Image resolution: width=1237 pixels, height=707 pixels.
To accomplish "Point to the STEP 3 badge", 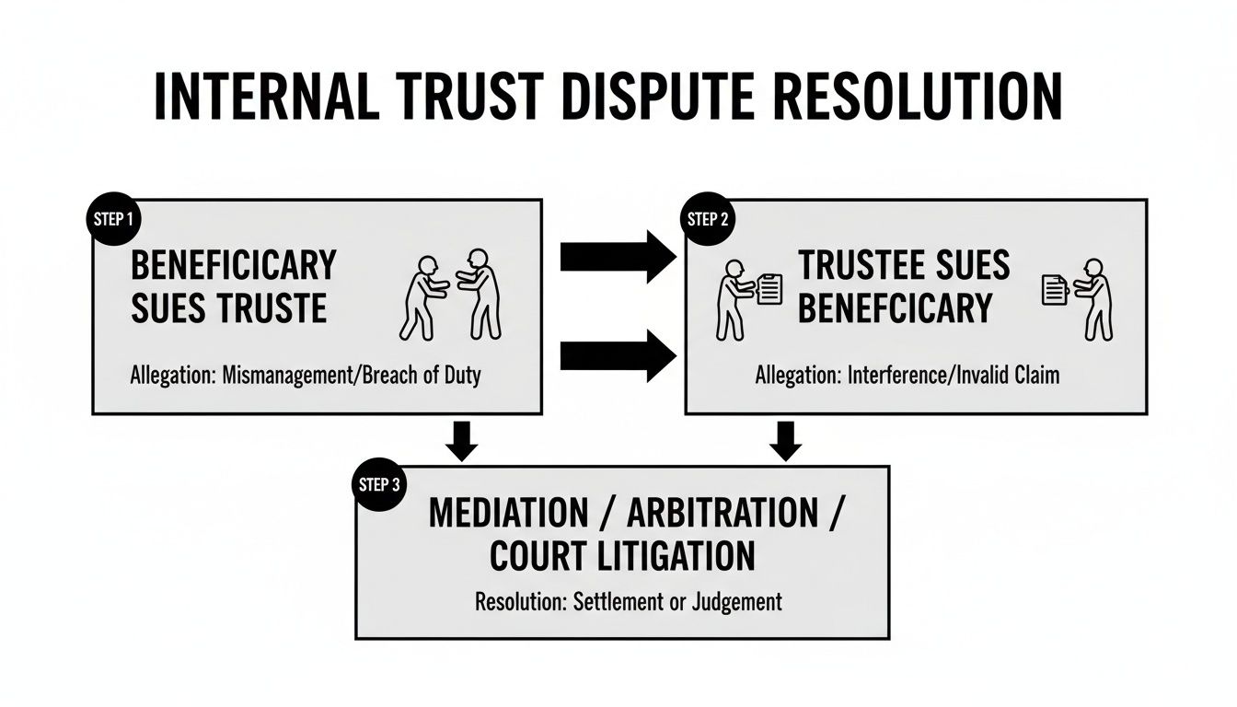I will point(377,485).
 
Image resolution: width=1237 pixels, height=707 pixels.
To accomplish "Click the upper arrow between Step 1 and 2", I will point(618,257).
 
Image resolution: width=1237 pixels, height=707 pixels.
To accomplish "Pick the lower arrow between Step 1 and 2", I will point(618,356).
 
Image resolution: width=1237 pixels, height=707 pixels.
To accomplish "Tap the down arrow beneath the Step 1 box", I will point(461,440).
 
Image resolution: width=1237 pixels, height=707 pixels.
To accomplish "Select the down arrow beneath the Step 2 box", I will point(784,440).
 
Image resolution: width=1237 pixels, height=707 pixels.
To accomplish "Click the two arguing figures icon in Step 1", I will point(451,293).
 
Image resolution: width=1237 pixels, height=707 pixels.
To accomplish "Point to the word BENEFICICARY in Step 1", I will point(233,265).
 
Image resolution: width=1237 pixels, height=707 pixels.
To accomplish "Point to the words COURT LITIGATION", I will point(622,556).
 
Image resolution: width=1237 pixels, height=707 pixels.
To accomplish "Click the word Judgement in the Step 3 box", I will point(737,603).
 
